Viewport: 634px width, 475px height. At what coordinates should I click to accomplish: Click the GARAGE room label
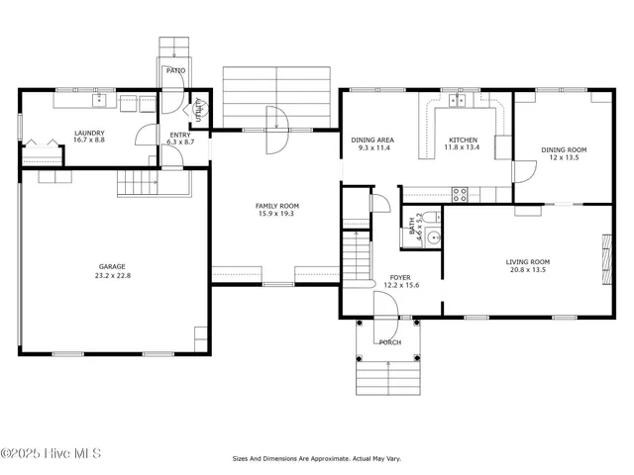112,266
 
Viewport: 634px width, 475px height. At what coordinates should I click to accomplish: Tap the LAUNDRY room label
89,133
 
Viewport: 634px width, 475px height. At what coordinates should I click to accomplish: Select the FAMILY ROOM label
277,206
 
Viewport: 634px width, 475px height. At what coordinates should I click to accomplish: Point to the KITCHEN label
463,141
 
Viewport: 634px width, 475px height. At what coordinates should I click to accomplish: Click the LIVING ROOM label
528,262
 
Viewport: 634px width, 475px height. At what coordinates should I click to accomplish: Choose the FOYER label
399,278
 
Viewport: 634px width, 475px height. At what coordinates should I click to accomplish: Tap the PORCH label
390,342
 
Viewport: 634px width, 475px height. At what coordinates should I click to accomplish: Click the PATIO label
175,70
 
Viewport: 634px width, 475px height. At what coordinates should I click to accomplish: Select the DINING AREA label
370,141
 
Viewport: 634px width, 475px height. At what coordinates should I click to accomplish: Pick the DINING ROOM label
564,150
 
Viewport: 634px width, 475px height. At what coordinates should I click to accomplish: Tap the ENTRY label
180,135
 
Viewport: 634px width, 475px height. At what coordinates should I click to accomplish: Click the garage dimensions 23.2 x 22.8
112,275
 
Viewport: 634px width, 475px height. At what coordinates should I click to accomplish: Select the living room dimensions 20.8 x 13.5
528,270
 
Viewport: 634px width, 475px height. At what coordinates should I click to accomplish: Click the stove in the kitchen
461,194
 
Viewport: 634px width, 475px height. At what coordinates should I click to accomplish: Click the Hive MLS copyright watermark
52,454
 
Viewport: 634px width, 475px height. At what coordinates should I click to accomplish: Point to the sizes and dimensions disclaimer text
317,459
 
